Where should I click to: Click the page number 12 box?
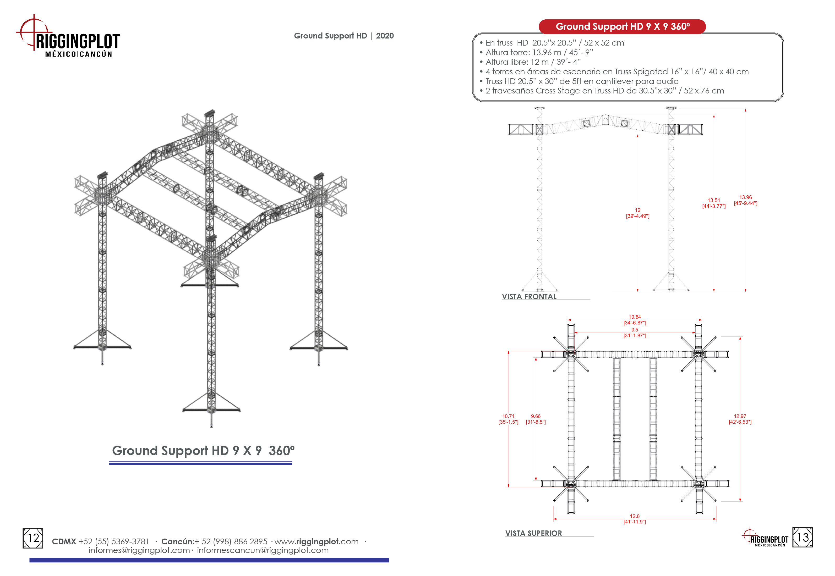coord(33,538)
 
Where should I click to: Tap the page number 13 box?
coord(803,538)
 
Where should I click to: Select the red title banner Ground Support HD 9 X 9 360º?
coord(622,27)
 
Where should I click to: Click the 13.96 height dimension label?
coord(745,200)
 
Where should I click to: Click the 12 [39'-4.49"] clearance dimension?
coord(637,213)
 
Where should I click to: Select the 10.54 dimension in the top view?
coord(634,320)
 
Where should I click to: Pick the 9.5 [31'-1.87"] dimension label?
coord(634,333)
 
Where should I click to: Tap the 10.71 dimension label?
coord(508,419)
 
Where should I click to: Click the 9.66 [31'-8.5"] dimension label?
coord(535,419)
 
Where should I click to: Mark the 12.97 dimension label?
coord(740,419)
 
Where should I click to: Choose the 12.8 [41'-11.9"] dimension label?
coord(634,519)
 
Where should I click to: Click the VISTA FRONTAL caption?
coord(529,297)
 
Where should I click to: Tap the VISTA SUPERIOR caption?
coord(533,533)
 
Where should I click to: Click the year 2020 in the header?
coord(385,36)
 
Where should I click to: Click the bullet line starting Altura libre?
coord(532,62)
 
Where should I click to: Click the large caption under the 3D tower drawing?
coord(203,451)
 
